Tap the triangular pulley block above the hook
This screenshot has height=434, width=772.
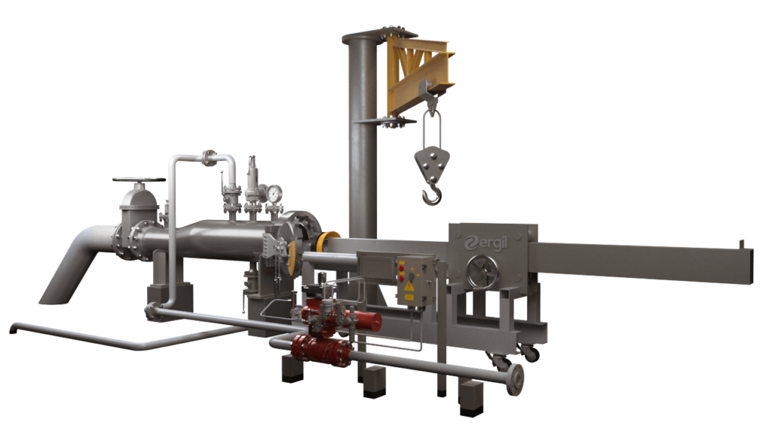point(427,161)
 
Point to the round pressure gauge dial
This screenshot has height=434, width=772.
point(274,192)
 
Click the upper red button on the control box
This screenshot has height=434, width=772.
point(400,265)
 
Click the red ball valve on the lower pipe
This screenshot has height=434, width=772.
point(321,348)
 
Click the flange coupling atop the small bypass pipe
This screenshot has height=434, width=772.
point(207,157)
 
